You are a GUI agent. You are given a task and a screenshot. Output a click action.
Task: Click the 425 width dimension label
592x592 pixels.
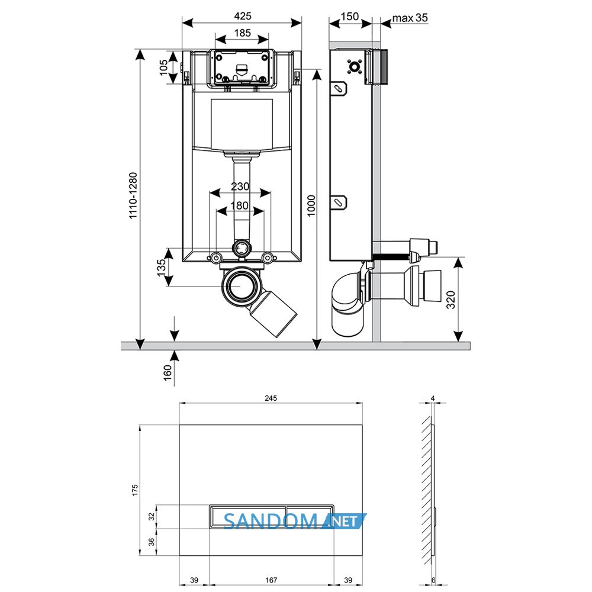[242, 16]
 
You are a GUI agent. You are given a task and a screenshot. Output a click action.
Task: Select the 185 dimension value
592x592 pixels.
[242, 33]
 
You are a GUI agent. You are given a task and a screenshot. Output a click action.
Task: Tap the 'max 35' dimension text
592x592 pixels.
[410, 18]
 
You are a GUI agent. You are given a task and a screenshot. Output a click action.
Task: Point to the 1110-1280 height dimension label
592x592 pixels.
[133, 195]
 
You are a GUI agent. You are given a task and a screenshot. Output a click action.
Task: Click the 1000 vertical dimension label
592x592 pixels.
[311, 206]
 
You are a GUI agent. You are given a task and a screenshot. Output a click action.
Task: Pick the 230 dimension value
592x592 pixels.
[240, 186]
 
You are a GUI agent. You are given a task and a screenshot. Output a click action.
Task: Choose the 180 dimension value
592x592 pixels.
[239, 206]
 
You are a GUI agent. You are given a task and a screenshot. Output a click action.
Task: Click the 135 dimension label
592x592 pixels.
[161, 268]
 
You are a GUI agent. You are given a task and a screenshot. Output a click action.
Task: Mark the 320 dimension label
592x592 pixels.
[451, 300]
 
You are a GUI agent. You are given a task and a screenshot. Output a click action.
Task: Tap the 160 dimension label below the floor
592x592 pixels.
[168, 372]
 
